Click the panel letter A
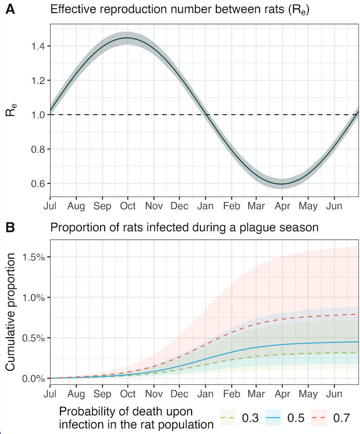tap(9, 9)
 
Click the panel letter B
tap(9, 227)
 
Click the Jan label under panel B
tap(205, 395)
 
